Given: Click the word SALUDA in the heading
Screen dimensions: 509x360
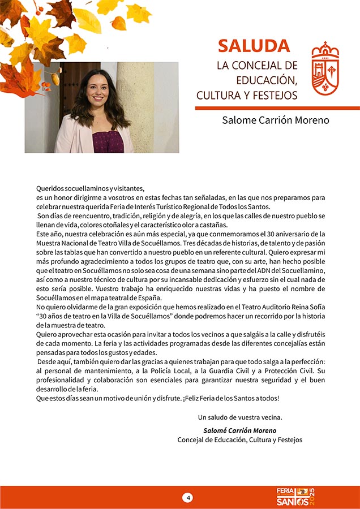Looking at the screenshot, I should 254,46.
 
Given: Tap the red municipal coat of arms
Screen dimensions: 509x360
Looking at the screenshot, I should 325,68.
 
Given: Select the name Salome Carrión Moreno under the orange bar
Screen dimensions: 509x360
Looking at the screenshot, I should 275,120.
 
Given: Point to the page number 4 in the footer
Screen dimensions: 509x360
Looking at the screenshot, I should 187,498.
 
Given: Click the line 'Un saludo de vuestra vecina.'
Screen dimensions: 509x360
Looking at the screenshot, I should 240,417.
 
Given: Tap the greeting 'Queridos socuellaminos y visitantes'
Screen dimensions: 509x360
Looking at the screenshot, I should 91,188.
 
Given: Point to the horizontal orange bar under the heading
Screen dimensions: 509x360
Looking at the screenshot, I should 277,107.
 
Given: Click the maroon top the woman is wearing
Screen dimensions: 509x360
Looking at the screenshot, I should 107,141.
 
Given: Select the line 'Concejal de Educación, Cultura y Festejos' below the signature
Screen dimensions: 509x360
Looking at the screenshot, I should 240,440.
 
